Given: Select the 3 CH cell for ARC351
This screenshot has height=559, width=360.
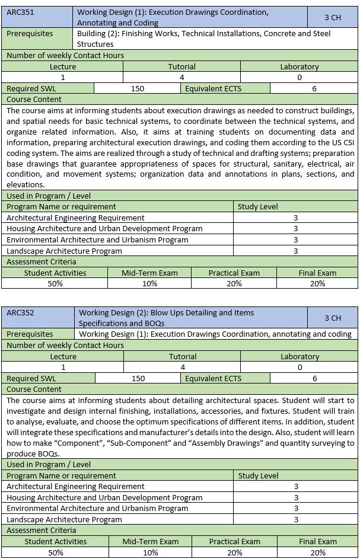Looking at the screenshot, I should [333, 17].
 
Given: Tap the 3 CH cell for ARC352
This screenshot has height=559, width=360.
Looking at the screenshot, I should [333, 318].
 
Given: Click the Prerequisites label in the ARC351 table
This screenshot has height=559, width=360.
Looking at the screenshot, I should [30, 34].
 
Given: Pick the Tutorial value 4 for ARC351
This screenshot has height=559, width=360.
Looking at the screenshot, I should [181, 77].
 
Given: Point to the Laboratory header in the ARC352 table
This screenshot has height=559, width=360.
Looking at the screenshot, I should [300, 356].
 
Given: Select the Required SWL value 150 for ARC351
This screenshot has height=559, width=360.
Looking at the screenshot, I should [138, 88].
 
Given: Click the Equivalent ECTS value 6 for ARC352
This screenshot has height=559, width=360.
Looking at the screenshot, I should [315, 378].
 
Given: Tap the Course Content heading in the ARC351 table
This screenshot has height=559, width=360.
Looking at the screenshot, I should [34, 100].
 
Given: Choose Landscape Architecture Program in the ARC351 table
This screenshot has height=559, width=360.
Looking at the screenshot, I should [64, 251].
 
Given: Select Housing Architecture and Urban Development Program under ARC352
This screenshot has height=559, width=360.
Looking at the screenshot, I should [104, 498].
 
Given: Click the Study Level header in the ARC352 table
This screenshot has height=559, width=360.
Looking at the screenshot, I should [258, 475].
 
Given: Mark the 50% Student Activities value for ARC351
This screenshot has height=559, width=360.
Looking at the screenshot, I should [55, 283].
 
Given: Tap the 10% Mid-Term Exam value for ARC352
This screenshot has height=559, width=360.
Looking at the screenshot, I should [151, 552].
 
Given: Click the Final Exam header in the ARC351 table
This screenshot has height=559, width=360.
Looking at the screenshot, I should [317, 273].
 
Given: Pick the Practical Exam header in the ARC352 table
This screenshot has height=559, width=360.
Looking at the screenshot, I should [235, 541].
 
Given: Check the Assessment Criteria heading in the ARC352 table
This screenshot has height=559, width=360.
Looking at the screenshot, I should [41, 530].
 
